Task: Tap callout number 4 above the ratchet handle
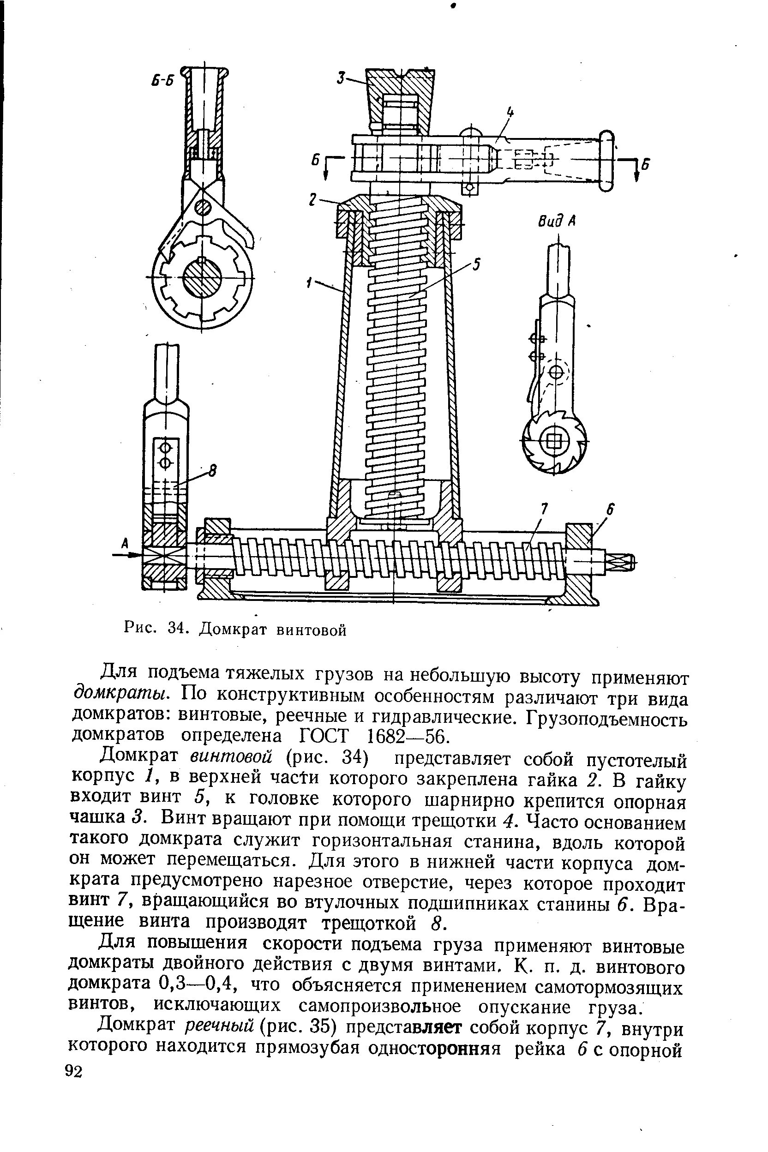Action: coord(510,113)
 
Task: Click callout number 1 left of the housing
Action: coord(310,282)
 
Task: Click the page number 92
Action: coord(74,1071)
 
